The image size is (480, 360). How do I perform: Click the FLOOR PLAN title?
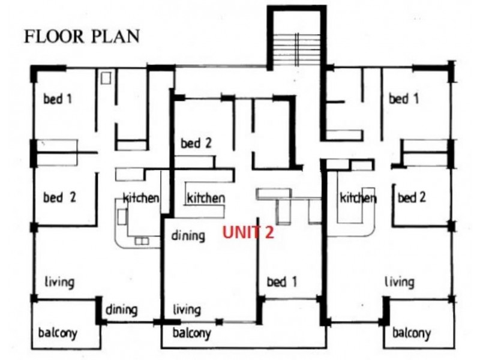(x=82, y=37)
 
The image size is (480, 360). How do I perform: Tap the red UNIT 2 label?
(x=248, y=232)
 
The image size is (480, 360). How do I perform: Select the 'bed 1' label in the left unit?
(x=58, y=99)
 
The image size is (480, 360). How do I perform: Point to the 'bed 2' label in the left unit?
(x=59, y=197)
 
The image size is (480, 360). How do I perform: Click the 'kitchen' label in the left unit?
(x=141, y=198)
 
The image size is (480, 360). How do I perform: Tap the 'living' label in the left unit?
(x=59, y=282)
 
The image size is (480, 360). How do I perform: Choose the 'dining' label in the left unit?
(x=122, y=310)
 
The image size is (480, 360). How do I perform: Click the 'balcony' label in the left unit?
(x=58, y=333)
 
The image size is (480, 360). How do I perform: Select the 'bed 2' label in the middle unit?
(x=196, y=143)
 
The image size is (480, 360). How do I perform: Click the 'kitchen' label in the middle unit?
(x=206, y=198)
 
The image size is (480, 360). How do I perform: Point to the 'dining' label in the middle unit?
(x=188, y=236)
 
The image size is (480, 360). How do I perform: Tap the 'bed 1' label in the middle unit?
(x=282, y=281)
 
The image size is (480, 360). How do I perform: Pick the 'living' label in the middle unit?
(x=187, y=310)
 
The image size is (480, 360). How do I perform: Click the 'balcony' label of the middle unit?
(x=191, y=333)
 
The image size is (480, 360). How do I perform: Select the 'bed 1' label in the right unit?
(x=403, y=99)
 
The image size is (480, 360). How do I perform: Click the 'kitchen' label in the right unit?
(x=358, y=198)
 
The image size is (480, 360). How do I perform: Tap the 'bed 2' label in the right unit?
(x=412, y=197)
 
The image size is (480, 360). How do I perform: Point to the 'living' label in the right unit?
(x=400, y=282)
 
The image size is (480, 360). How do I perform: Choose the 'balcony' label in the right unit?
(x=412, y=333)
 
